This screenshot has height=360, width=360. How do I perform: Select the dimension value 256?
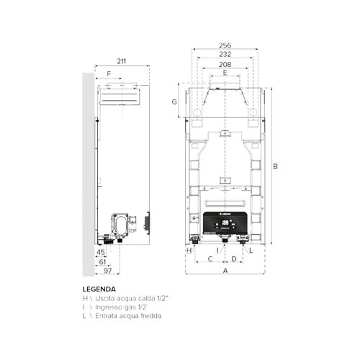pyautogui.click(x=225, y=45)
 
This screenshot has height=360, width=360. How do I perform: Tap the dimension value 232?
pyautogui.click(x=225, y=54)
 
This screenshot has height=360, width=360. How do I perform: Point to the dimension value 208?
pyautogui.click(x=225, y=64)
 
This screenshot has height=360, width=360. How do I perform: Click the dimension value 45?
pyautogui.click(x=101, y=253)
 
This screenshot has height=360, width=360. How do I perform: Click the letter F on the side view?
pyautogui.click(x=109, y=74)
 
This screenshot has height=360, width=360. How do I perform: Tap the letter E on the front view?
pyautogui.click(x=225, y=73)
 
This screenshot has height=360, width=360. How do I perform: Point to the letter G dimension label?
pyautogui.click(x=174, y=102)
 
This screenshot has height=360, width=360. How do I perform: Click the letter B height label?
pyautogui.click(x=276, y=166)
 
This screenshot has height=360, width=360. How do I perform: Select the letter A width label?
pyautogui.click(x=225, y=271)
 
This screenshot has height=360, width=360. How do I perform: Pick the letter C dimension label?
pyautogui.click(x=210, y=258)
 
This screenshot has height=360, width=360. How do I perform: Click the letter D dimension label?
pyautogui.click(x=234, y=258)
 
